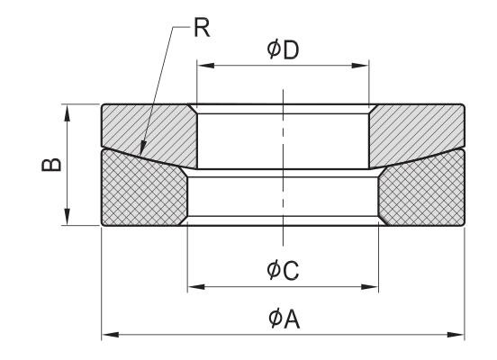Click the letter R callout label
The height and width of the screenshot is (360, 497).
pyautogui.click(x=202, y=28)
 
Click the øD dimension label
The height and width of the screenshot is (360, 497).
pyautogui.click(x=283, y=49)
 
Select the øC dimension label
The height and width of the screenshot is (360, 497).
pyautogui.click(x=283, y=270)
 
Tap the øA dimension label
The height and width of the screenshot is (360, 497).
pyautogui.click(x=284, y=319)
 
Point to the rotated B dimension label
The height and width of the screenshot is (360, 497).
pyautogui.click(x=51, y=165)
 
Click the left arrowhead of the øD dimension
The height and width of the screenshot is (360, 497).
pyautogui.click(x=205, y=66)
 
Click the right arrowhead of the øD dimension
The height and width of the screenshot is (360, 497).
pyautogui.click(x=360, y=66)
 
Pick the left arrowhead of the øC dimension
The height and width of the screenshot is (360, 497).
pyautogui.click(x=196, y=287)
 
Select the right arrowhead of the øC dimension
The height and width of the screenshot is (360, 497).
pyautogui.click(x=370, y=287)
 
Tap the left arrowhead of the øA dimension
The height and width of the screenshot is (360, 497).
pyautogui.click(x=111, y=335)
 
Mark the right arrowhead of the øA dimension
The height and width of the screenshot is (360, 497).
pyautogui.click(x=456, y=335)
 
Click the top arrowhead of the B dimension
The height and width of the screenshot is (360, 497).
pyautogui.click(x=67, y=113)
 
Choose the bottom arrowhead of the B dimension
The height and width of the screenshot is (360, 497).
pyautogui.click(x=67, y=217)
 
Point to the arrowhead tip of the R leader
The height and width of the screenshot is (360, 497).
pyautogui.click(x=141, y=156)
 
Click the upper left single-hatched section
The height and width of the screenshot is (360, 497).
pyautogui.click(x=149, y=133)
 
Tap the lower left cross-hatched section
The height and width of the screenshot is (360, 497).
pyautogui.click(x=142, y=190)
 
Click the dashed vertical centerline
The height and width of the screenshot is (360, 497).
pyautogui.click(x=283, y=168)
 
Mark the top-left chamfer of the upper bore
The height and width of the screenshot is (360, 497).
pyautogui.click(x=193, y=109)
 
